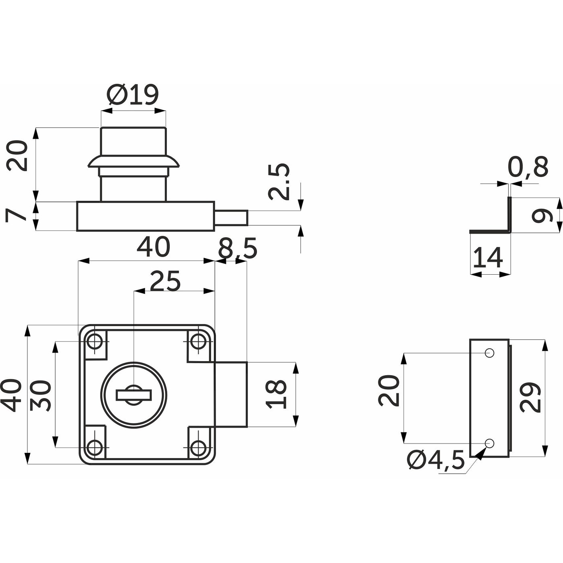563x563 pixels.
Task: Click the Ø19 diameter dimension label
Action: click(133, 95)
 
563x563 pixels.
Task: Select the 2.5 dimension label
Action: click(279, 182)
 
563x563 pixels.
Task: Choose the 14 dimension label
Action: click(487, 258)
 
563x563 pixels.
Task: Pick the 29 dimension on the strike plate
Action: click(530, 398)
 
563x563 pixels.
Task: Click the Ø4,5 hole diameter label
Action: click(436, 460)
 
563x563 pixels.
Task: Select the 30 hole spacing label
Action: click(41, 395)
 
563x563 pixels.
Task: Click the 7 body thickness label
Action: click(16, 216)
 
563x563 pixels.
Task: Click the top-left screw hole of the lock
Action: click(95, 342)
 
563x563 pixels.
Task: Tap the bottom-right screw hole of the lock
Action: click(197, 447)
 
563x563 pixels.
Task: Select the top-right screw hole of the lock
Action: click(197, 342)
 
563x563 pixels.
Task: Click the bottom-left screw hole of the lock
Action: click(95, 447)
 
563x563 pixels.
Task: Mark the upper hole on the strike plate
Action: click(489, 353)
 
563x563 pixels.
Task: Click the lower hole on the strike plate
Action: click(489, 443)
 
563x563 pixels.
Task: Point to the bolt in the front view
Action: click(231, 395)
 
